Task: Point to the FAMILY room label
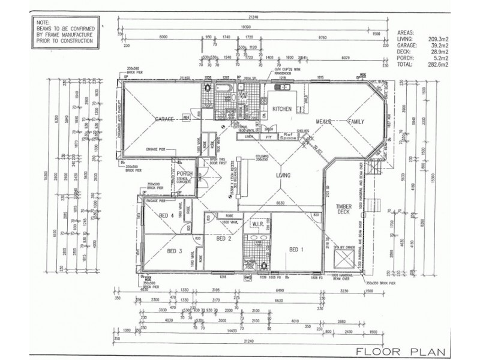click(356, 121)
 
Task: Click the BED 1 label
click(298, 250)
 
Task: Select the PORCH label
click(184, 173)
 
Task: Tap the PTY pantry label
click(268, 137)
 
